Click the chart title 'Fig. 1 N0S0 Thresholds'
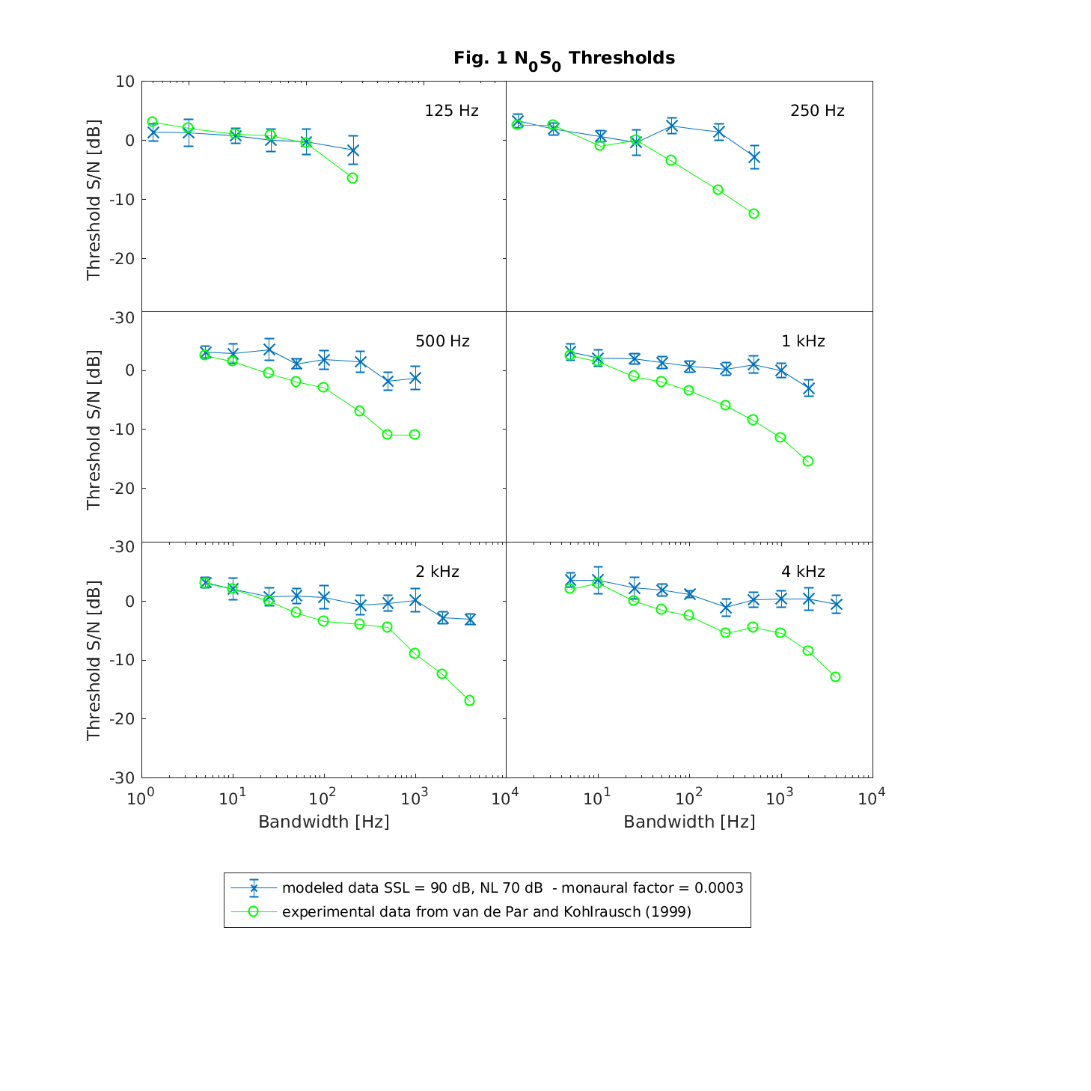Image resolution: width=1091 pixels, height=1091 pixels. click(564, 58)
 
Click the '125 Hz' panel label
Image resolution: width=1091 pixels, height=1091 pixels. click(451, 111)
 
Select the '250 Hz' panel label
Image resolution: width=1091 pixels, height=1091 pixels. click(817, 111)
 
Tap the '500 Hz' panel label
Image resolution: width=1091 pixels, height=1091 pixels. click(442, 341)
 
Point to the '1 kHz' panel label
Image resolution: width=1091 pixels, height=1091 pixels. click(803, 341)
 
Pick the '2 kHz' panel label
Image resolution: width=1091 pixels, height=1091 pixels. click(437, 572)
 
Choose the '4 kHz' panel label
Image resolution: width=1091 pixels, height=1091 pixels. click(803, 572)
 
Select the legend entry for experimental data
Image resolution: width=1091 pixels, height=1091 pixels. click(486, 911)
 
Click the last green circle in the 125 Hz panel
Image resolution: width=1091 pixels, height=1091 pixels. click(352, 178)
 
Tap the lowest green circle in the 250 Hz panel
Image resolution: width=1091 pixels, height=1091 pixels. click(754, 213)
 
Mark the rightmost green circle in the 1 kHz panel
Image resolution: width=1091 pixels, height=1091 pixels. click(808, 461)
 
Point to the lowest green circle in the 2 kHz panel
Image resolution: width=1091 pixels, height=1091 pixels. click(469, 700)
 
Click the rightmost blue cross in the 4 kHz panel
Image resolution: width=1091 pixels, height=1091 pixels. click(836, 604)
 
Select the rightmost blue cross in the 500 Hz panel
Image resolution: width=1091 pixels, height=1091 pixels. click(415, 378)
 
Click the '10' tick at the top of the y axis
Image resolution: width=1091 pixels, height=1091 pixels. click(125, 82)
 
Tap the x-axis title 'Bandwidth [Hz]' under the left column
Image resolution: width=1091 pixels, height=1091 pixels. click(323, 822)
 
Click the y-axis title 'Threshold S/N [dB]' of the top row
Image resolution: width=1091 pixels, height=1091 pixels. click(94, 200)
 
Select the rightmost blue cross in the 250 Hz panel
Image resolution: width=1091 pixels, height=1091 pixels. click(754, 157)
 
